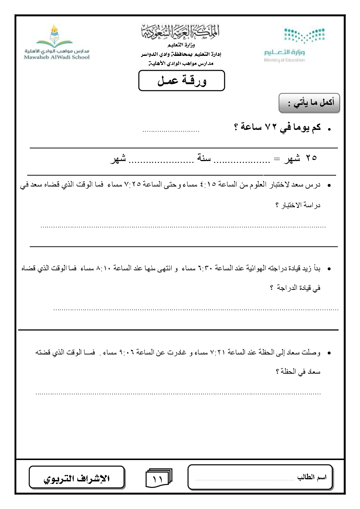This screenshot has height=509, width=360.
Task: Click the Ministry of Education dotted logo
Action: [304, 35]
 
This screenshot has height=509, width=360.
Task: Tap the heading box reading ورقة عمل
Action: [181, 81]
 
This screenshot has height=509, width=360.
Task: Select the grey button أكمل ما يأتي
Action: [309, 103]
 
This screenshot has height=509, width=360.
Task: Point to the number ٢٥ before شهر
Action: [311, 158]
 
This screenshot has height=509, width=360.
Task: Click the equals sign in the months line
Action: [277, 159]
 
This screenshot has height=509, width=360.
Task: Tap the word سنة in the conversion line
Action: [204, 158]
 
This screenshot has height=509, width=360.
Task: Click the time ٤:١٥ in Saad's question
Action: [208, 185]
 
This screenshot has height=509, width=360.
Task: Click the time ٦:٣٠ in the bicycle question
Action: [205, 268]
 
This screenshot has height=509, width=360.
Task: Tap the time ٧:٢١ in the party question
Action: [217, 352]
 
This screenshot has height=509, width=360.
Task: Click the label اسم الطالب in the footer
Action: [312, 477]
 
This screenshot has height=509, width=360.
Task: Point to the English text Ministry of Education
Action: [285, 60]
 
